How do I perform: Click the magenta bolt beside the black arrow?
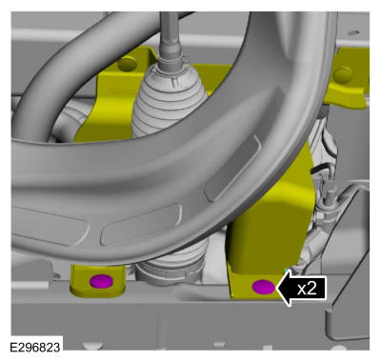pyautogui.click(x=263, y=287)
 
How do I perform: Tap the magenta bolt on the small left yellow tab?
pyautogui.click(x=101, y=281)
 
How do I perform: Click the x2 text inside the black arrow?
pyautogui.click(x=307, y=289)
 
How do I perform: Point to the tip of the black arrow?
pyautogui.click(x=276, y=288)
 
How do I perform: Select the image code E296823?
pyautogui.click(x=35, y=347)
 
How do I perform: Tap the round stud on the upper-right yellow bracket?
pyautogui.click(x=343, y=75)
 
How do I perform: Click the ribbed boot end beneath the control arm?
pyautogui.click(x=172, y=263)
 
